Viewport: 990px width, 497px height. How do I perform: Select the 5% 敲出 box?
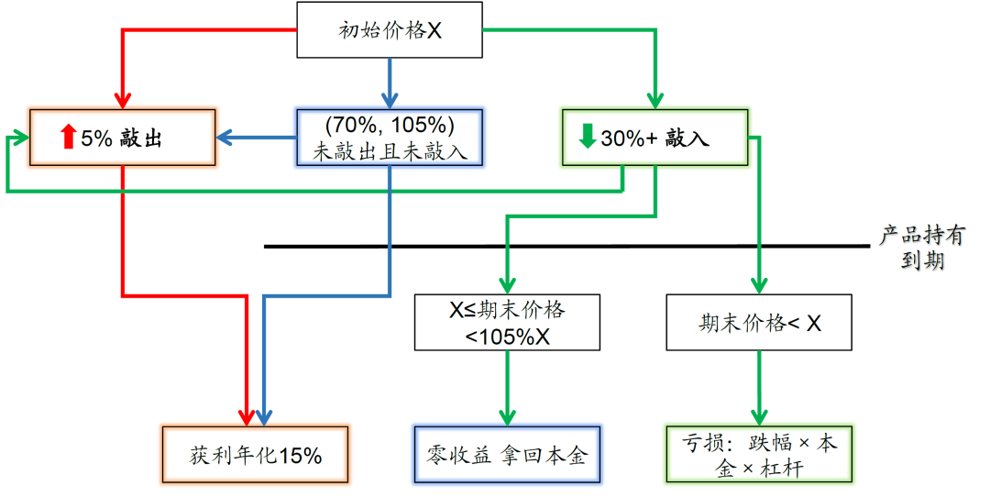click(x=123, y=138)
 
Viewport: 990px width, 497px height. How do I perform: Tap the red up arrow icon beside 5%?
click(x=67, y=138)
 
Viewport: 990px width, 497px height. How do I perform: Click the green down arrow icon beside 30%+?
click(x=587, y=138)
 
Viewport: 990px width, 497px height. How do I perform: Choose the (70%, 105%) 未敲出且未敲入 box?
click(x=390, y=138)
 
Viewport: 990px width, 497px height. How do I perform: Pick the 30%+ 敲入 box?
click(x=654, y=138)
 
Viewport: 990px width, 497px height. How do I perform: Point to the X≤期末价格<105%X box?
click(x=507, y=322)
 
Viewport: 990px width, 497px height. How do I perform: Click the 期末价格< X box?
click(x=759, y=322)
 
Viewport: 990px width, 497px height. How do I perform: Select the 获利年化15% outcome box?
click(x=256, y=454)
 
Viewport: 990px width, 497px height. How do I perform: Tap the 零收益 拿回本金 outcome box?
click(x=507, y=454)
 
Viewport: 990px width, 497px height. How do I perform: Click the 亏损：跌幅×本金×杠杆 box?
click(x=759, y=454)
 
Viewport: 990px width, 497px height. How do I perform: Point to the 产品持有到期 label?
click(x=921, y=248)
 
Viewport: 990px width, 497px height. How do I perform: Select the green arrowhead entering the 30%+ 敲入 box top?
click(x=654, y=101)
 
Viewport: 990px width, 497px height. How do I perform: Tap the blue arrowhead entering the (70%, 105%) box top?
click(x=390, y=101)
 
